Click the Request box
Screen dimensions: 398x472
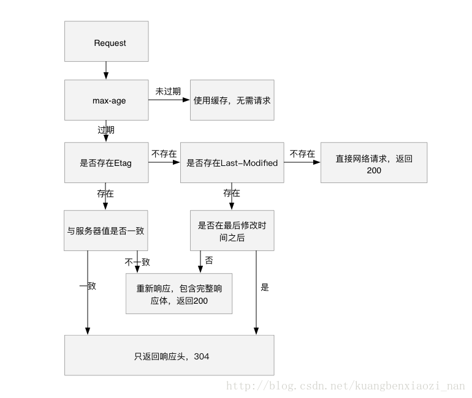[x=107, y=43]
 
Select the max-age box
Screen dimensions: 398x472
[x=107, y=100]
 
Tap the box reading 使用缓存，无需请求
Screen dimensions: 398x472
[x=232, y=100]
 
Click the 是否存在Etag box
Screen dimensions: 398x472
[x=107, y=163]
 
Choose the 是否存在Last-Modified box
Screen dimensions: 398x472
[x=232, y=163]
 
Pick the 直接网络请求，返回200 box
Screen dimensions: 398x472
[x=374, y=163]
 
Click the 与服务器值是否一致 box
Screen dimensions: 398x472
[x=107, y=231]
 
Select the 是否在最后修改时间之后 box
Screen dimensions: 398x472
[x=232, y=231]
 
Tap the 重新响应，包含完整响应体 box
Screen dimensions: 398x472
[x=179, y=293]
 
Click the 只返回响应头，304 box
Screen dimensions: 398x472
[x=169, y=355]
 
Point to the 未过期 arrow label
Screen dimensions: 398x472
[x=168, y=91]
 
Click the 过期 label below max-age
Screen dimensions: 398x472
[x=105, y=130]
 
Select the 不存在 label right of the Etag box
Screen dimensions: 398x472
[x=164, y=154]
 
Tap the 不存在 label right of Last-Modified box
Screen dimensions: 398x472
[x=302, y=154]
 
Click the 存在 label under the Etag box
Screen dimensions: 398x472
[x=105, y=193]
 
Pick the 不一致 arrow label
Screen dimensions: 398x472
[x=137, y=262]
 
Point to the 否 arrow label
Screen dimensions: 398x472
[x=209, y=260]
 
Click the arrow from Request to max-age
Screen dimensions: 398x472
[x=107, y=70]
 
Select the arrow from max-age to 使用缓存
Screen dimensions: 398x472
[x=169, y=100]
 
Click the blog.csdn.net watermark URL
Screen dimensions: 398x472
[x=345, y=386]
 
